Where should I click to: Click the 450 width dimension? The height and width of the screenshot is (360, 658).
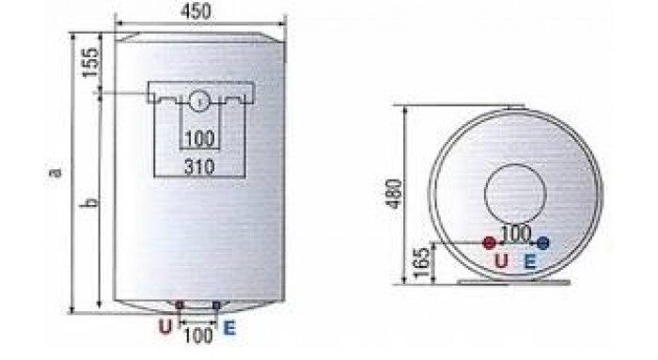coord(196,11)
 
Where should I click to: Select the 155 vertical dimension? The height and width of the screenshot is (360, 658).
coord(90,63)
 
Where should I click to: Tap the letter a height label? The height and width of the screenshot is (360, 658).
coord(55,172)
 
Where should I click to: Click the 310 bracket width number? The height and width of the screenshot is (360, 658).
coord(199,167)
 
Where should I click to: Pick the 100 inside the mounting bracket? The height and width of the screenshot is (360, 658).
coord(199,138)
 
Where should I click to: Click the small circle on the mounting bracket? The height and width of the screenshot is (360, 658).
coord(199,101)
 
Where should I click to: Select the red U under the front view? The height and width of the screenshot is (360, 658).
coord(165,326)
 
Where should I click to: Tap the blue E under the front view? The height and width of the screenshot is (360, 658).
coord(229,328)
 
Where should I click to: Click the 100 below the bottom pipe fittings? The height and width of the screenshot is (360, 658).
coord(198,336)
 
